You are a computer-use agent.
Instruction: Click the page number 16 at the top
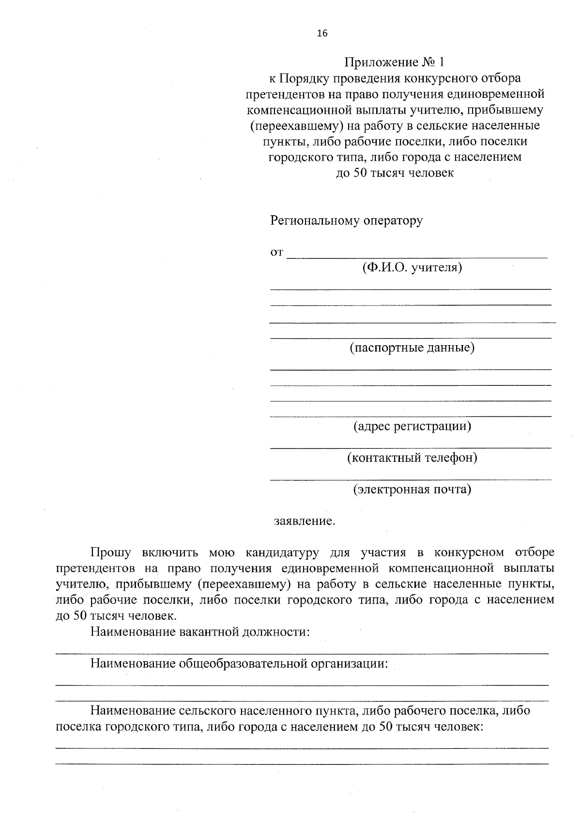tap(322, 33)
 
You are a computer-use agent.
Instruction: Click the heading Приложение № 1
tap(394, 62)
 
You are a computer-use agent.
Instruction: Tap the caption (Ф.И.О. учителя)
tap(412, 267)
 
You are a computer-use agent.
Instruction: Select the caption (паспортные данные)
tap(412, 348)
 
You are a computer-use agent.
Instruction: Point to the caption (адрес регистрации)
tap(412, 426)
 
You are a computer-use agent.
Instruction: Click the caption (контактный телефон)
tap(412, 457)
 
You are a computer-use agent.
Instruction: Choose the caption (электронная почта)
tap(412, 489)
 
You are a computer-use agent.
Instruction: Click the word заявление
tap(304, 521)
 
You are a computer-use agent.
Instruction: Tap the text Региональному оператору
tap(346, 221)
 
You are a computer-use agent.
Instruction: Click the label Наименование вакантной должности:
tap(199, 632)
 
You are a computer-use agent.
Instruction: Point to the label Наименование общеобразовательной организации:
tap(239, 663)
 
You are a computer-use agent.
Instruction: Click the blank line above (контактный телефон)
tap(411, 448)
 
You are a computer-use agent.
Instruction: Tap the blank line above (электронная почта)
tap(411, 480)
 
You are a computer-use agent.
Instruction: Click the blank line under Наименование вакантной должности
tap(302, 654)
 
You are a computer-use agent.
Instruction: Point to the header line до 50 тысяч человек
tap(395, 173)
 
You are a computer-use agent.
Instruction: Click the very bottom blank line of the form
tap(302, 764)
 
